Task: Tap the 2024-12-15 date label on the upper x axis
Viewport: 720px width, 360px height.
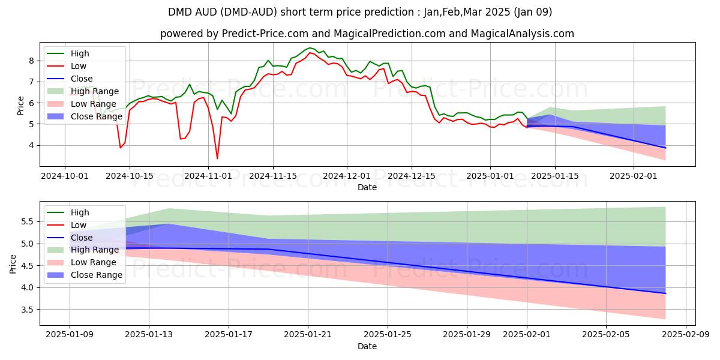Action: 411,176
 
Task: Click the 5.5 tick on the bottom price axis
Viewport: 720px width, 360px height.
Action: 26,221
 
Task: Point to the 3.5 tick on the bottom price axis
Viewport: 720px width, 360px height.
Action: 26,310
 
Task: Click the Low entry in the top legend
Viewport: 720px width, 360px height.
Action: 79,66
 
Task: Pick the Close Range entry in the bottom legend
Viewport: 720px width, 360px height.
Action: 97,275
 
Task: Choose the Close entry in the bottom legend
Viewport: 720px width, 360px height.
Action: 82,238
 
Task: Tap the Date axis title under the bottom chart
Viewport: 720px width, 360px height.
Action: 367,346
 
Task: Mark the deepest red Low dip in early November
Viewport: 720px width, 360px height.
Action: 217,158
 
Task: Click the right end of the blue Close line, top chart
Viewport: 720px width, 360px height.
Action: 665,148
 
